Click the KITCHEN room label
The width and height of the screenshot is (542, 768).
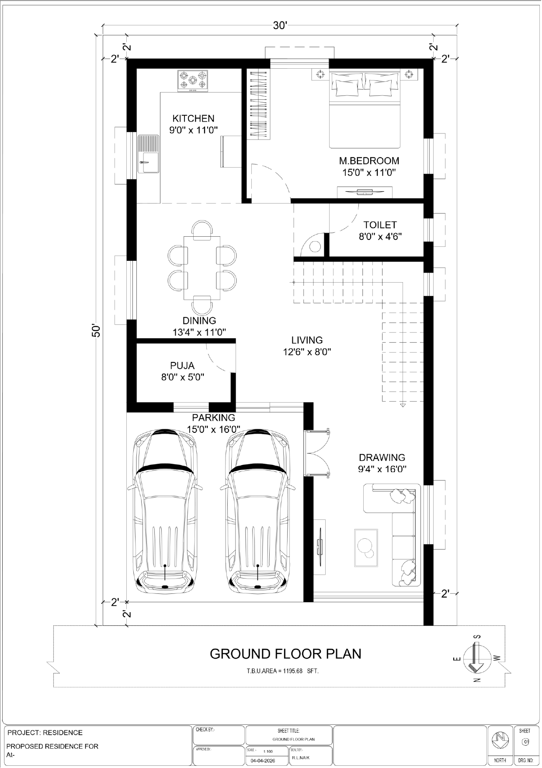(x=193, y=119)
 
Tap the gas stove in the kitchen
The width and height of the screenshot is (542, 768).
(x=193, y=81)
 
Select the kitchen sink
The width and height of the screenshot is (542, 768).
(x=149, y=154)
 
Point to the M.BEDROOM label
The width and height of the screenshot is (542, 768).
(x=369, y=161)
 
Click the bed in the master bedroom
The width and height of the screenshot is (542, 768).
(x=365, y=110)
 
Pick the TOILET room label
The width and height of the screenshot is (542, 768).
(x=380, y=225)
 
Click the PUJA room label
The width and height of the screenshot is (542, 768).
(x=182, y=365)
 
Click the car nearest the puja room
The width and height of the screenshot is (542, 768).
(x=165, y=510)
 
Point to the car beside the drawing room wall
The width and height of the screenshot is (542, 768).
(x=258, y=510)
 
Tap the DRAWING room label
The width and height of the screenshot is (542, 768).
(x=382, y=458)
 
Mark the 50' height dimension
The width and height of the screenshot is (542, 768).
(x=96, y=330)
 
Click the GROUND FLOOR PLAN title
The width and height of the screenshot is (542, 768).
(x=285, y=654)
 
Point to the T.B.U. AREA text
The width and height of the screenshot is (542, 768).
(x=282, y=671)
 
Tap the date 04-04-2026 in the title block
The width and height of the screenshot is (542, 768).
(x=263, y=761)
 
